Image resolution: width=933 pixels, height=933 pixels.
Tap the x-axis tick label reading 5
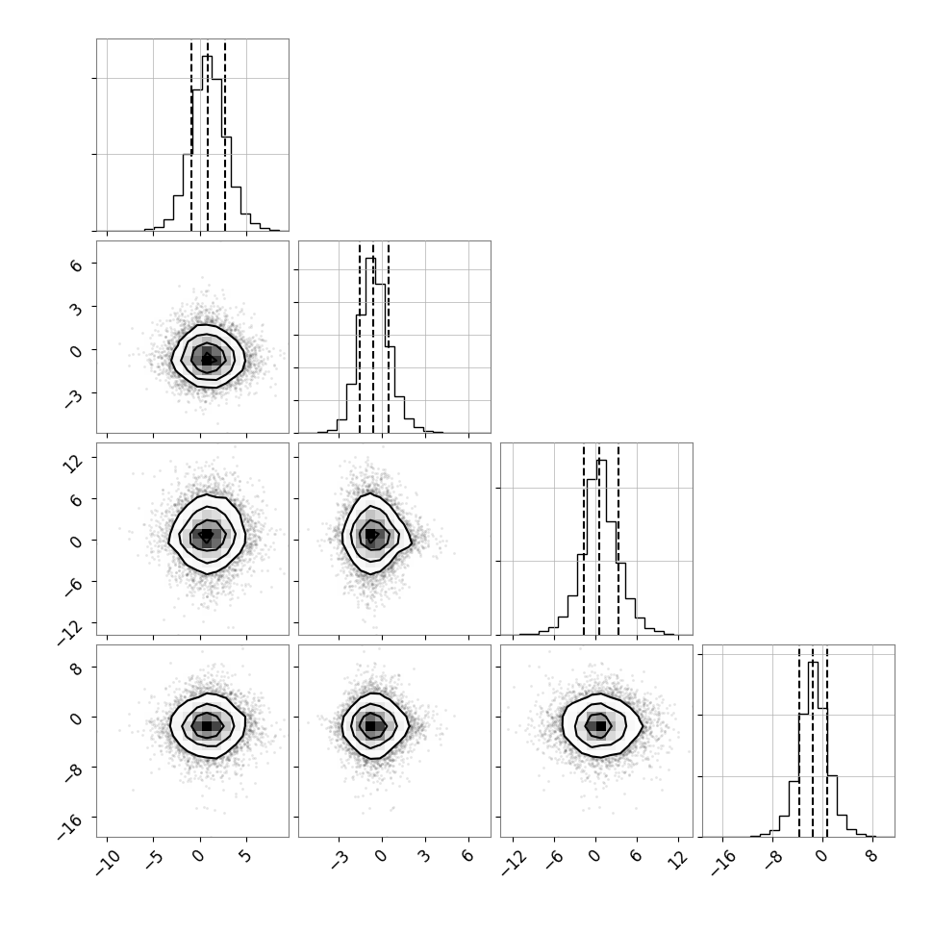(245, 857)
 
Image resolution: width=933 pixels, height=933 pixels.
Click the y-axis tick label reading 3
(76, 308)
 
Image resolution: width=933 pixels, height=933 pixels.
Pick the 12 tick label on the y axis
(73, 462)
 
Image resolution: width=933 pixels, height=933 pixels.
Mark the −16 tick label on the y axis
(70, 826)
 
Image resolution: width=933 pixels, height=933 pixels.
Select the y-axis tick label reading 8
(76, 668)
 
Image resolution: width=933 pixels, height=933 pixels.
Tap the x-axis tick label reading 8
(871, 857)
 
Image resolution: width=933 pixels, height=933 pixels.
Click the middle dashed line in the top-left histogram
(208, 137)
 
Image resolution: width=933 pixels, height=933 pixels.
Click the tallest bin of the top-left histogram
(207, 143)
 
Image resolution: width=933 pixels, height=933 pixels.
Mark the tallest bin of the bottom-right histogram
(814, 749)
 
